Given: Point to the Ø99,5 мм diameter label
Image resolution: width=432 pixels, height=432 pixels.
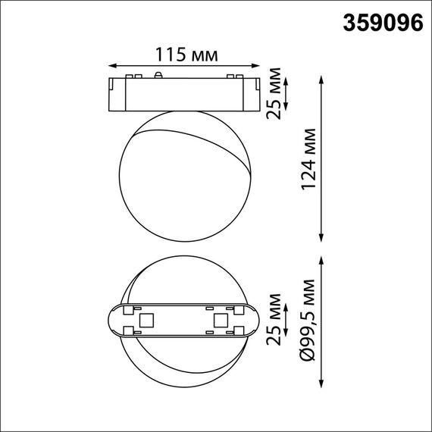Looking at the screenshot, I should pyautogui.click(x=308, y=321).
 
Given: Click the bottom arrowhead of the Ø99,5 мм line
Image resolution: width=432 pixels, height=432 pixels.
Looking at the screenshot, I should pyautogui.click(x=324, y=383).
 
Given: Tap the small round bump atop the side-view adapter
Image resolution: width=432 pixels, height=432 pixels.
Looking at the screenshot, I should pyautogui.click(x=158, y=75).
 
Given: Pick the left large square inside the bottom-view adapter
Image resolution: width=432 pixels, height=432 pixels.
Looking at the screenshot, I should pyautogui.click(x=148, y=321).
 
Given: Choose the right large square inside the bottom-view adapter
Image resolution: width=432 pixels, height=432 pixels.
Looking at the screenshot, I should pyautogui.click(x=221, y=321).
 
